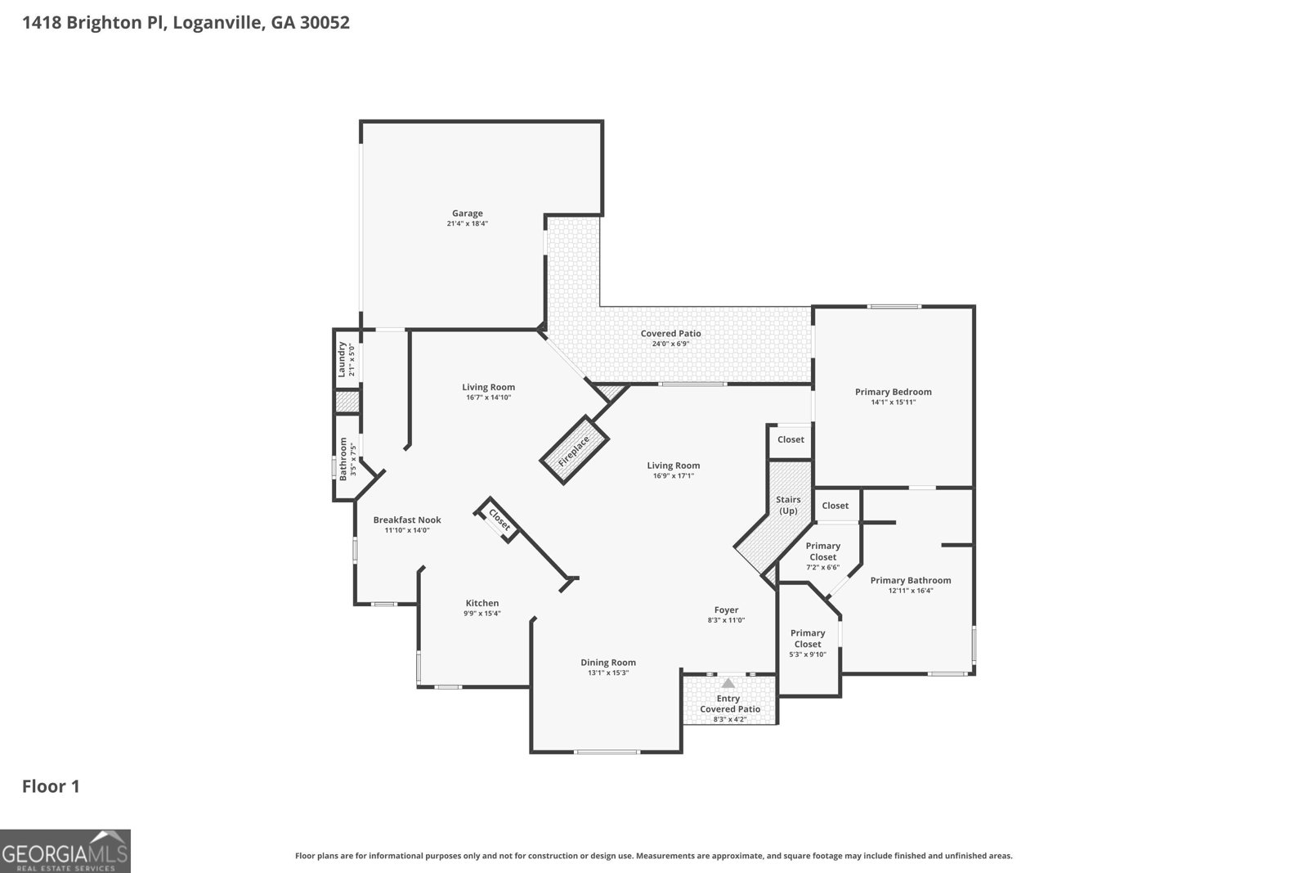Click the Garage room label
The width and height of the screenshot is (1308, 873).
[x=467, y=214]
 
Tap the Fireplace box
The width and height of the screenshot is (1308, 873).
[x=574, y=450]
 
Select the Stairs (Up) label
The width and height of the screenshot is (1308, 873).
[x=788, y=505]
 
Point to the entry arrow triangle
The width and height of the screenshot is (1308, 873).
[x=728, y=682]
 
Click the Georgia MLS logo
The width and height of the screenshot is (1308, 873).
[x=65, y=851]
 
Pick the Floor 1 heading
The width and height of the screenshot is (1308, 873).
[x=51, y=786]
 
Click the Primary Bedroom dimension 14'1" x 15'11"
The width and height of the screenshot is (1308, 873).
[x=894, y=402]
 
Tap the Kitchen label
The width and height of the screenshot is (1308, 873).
[x=482, y=603]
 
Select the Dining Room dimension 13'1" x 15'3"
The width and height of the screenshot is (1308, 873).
[x=608, y=673]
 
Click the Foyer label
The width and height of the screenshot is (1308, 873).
[x=727, y=610]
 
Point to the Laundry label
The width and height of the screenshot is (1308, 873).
[x=343, y=359]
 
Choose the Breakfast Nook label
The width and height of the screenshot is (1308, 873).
[x=407, y=520]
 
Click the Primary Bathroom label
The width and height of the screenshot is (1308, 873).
[x=911, y=580]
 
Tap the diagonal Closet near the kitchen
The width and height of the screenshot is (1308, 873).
[x=499, y=520]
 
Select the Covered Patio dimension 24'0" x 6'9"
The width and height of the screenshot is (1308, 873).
[x=671, y=344]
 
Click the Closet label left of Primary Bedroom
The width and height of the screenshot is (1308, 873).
[x=791, y=439]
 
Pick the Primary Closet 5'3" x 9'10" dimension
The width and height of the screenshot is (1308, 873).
[x=808, y=655]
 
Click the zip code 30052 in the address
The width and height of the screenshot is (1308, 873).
[x=325, y=22]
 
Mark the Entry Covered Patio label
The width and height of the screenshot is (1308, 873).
[x=729, y=704]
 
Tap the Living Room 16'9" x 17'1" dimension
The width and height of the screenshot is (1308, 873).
[x=674, y=475]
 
